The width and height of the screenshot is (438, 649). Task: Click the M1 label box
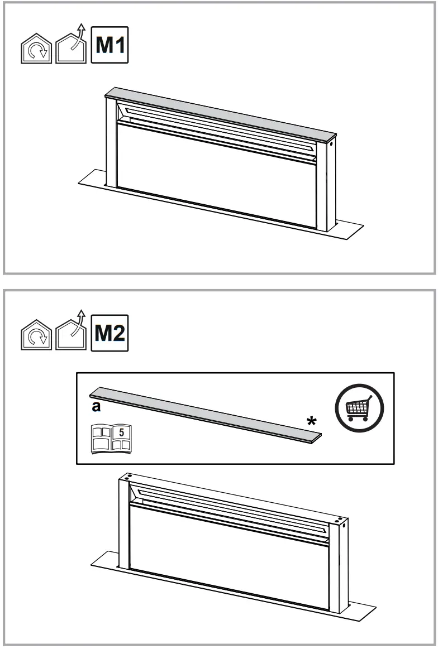(x=109, y=45)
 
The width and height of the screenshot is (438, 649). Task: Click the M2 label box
(x=109, y=334)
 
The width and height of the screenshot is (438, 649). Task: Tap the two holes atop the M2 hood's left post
(x=127, y=478)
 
